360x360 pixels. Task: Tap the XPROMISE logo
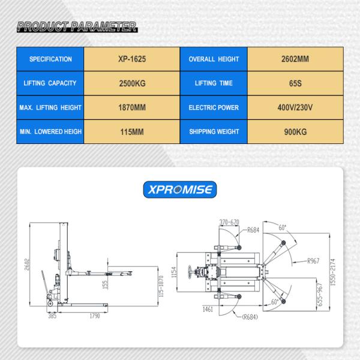pos(181,190)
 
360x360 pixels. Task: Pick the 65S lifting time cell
pos(295,84)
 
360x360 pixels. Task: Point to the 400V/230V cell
pos(295,108)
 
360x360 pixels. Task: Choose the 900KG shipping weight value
pos(295,131)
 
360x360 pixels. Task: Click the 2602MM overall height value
pos(295,59)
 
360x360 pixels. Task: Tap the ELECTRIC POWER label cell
pos(214,108)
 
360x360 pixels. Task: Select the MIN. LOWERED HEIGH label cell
pos(50,131)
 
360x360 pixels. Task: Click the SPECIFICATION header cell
pos(50,59)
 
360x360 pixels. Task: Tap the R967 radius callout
pos(315,261)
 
